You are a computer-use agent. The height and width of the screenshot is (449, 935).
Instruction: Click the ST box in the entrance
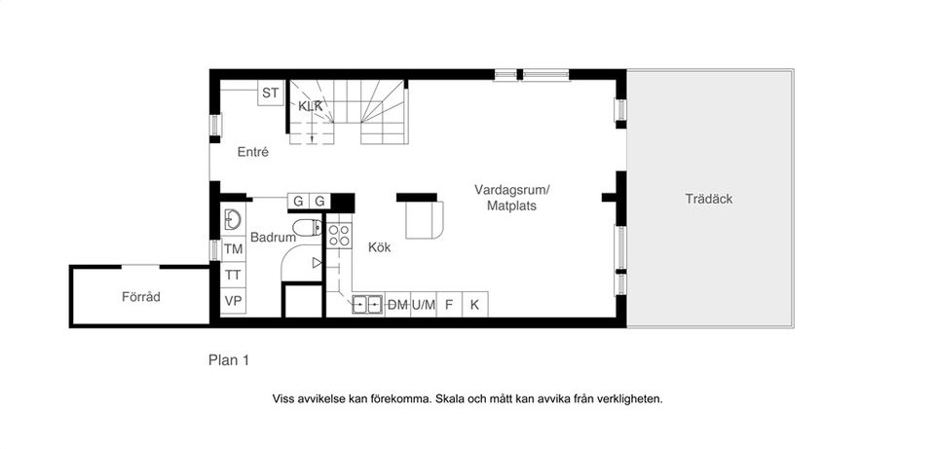(271, 94)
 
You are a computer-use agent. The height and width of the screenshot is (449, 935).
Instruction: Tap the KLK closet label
(310, 105)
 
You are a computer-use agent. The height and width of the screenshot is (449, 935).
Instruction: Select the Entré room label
(253, 152)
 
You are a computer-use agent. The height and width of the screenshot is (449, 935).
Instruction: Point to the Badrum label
(273, 237)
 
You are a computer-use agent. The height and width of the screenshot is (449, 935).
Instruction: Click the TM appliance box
(233, 249)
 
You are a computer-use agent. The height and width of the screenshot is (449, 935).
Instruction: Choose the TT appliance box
(233, 275)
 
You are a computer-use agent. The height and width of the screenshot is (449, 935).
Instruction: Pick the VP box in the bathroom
(233, 300)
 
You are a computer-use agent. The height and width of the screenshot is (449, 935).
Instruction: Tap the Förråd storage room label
(140, 296)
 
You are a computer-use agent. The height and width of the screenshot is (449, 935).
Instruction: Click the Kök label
(379, 247)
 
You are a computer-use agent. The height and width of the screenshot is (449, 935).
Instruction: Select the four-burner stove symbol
(339, 234)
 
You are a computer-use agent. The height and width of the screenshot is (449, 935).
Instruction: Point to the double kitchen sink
(367, 305)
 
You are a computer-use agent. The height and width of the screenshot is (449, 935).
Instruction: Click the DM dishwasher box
(397, 305)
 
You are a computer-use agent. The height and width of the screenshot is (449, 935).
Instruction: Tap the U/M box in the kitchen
(423, 305)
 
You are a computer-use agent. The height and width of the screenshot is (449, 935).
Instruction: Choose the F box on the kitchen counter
(449, 305)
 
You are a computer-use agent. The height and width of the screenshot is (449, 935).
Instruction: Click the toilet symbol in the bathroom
(307, 227)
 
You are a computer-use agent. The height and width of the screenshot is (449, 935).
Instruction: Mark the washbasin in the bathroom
(233, 219)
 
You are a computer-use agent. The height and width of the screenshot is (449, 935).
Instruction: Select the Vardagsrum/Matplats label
(511, 198)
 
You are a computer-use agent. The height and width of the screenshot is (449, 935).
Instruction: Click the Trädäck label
(708, 199)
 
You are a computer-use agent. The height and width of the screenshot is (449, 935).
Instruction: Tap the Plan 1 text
(229, 360)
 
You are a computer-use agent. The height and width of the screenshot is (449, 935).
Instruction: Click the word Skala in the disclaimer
(450, 398)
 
